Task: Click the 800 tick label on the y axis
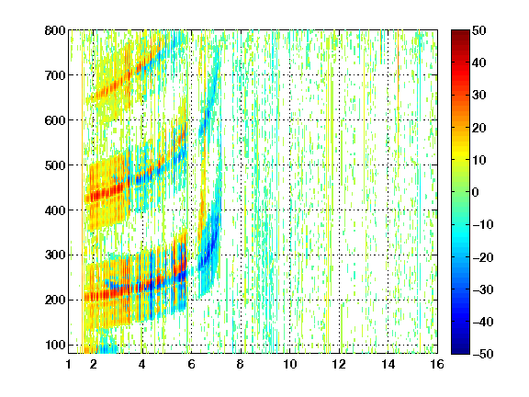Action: pyautogui.click(x=55, y=30)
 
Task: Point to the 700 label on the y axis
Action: pyautogui.click(x=55, y=75)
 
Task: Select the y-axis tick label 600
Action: pyautogui.click(x=55, y=120)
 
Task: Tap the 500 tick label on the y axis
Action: pyautogui.click(x=55, y=165)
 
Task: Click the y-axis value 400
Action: pyautogui.click(x=55, y=210)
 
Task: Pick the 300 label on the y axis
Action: pyautogui.click(x=55, y=255)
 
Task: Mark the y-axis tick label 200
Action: pyautogui.click(x=55, y=300)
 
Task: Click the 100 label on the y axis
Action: pyautogui.click(x=55, y=345)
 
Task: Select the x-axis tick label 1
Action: pyautogui.click(x=69, y=364)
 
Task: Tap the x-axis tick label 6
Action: pyautogui.click(x=191, y=364)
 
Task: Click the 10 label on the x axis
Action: pyautogui.click(x=290, y=364)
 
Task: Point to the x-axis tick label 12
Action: pyautogui.click(x=339, y=364)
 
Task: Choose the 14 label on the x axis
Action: pyautogui.click(x=388, y=364)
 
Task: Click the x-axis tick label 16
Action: pyautogui.click(x=437, y=364)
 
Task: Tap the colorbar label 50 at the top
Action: pyautogui.click(x=478, y=30)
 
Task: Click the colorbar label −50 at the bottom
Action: pyautogui.click(x=483, y=354)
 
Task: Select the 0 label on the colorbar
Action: pyautogui.click(x=476, y=192)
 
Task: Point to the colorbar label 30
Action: pyautogui.click(x=478, y=95)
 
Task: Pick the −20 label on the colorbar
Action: pyautogui.click(x=483, y=257)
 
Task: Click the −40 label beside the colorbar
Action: pyautogui.click(x=483, y=322)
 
